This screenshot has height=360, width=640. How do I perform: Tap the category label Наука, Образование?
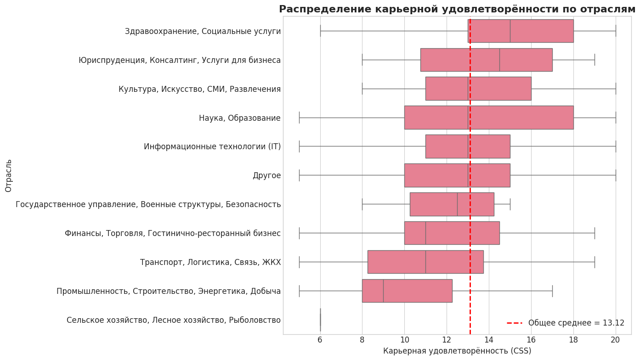pos(239,118)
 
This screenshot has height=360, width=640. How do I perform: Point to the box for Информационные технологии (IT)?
pos(490,146)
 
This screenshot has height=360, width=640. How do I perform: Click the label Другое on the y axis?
pos(266,175)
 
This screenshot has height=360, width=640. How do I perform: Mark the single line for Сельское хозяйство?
pos(320,320)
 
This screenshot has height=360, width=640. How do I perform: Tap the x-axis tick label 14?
pos(489,340)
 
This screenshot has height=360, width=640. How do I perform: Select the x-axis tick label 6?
pos(320,340)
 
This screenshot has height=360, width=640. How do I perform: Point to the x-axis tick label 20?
pos(616,340)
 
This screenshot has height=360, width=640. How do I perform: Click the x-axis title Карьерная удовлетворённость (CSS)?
pos(457,351)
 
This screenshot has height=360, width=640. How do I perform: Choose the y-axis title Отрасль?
pos(9,175)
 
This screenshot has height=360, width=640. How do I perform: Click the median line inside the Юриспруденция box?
pos(499,60)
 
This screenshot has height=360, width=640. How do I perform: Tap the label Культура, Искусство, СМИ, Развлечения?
pos(199,89)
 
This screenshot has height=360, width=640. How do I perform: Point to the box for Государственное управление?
pos(436,204)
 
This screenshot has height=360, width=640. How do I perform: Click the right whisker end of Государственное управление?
pos(510,204)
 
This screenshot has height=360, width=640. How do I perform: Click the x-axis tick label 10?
pos(404,340)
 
